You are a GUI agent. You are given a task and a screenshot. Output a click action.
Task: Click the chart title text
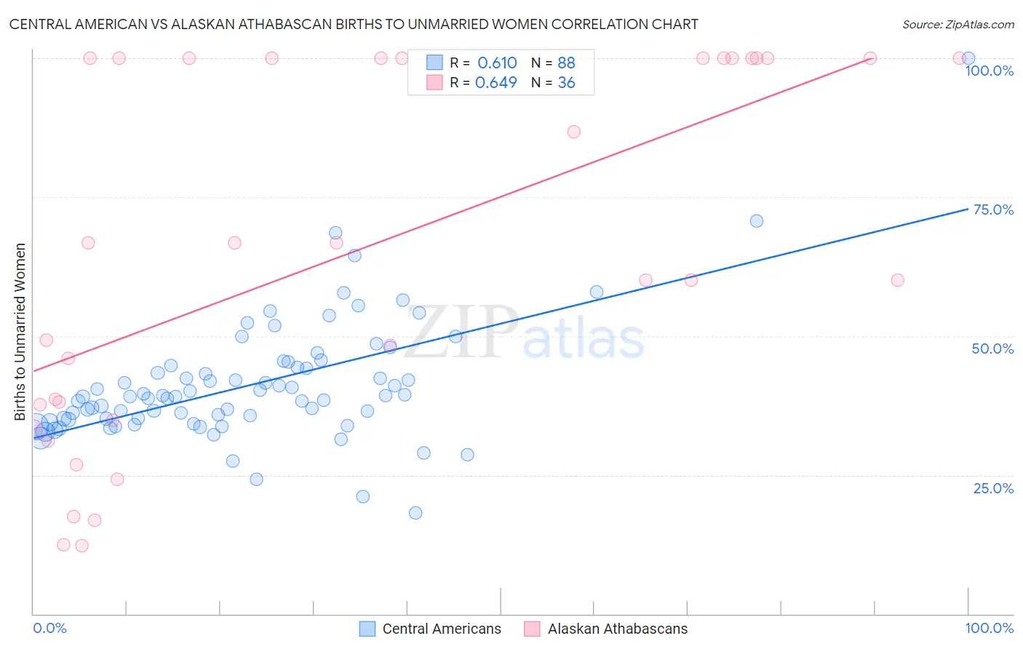click(354, 25)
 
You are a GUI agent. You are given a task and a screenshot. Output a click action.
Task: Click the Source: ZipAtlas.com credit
click(958, 25)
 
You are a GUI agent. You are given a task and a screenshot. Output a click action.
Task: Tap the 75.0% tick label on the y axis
click(993, 210)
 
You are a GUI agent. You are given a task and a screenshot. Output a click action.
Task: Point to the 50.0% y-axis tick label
click(992, 349)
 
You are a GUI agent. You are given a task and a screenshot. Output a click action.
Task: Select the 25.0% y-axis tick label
click(993, 488)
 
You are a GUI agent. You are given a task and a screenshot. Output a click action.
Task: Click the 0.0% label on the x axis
click(49, 628)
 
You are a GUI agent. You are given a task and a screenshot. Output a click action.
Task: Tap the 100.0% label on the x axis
click(989, 628)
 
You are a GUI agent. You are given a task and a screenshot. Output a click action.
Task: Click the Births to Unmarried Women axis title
click(20, 332)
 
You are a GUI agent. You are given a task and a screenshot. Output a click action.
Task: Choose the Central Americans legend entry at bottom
click(431, 629)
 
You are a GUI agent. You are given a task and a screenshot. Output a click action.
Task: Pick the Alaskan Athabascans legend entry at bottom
click(605, 629)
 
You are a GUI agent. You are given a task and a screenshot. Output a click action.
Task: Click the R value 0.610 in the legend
click(497, 63)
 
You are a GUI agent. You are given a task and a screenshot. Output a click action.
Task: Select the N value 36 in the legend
click(566, 83)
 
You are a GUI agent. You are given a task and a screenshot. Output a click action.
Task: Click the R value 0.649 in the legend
click(496, 83)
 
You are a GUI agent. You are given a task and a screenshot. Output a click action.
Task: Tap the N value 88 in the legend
click(566, 63)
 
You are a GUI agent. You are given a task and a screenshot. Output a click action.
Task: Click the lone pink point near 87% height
click(573, 132)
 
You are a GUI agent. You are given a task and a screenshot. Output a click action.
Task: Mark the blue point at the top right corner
click(968, 58)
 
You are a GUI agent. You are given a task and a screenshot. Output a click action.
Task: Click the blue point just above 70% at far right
click(757, 221)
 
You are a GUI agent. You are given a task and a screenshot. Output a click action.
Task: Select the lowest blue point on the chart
click(415, 513)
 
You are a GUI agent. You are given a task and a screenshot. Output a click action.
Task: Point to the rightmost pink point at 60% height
click(897, 280)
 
